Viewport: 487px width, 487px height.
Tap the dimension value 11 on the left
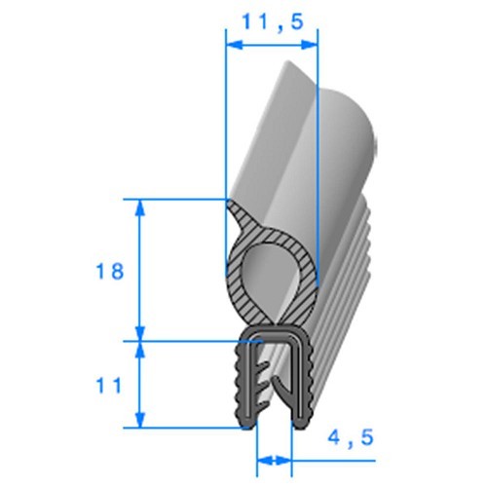pyautogui.click(x=110, y=386)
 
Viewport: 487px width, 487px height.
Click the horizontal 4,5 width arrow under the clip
pyautogui.click(x=275, y=458)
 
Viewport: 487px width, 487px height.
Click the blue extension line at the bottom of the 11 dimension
pyautogui.click(x=185, y=427)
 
